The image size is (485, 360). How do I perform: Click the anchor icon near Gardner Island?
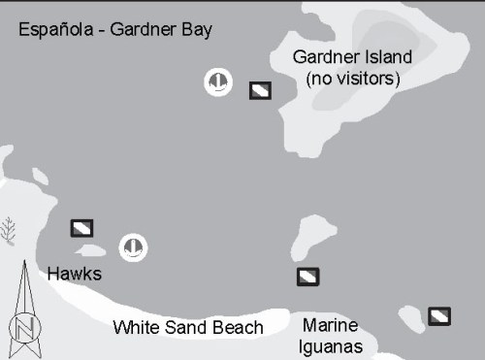[218, 82]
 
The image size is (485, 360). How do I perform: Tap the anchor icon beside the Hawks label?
[133, 247]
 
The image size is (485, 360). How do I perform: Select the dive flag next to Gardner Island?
[260, 90]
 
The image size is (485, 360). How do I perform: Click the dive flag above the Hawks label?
[82, 228]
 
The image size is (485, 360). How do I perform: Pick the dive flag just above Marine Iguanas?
[308, 277]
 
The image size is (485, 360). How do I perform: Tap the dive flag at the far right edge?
[439, 315]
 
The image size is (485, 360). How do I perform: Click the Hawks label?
[74, 275]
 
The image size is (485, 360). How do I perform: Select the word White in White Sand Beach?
[136, 328]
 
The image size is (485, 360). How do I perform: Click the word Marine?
[330, 325]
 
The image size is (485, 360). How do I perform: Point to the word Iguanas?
[332, 346]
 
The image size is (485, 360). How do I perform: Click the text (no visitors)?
[352, 79]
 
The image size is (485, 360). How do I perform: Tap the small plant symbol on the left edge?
[9, 230]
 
